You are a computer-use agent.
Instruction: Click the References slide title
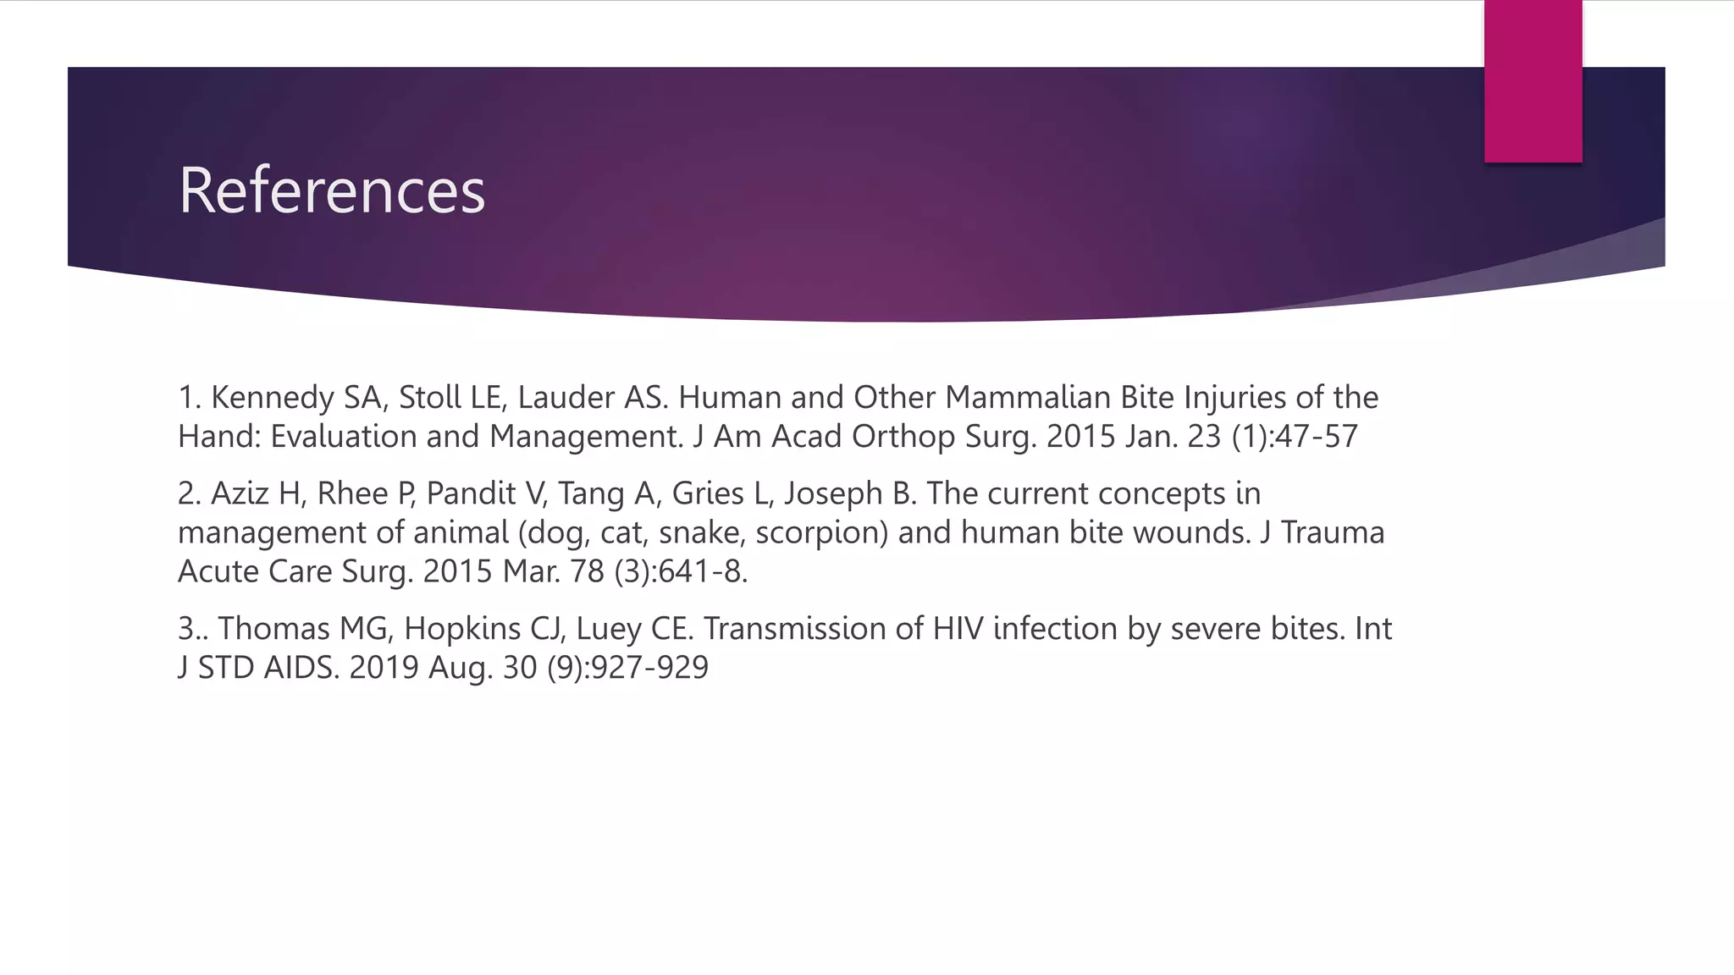pos(331,190)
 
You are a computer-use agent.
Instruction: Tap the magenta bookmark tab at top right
pos(1532,81)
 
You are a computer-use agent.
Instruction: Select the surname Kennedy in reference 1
pos(273,398)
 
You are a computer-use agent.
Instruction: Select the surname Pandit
pos(470,493)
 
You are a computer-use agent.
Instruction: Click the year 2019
pos(384,668)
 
